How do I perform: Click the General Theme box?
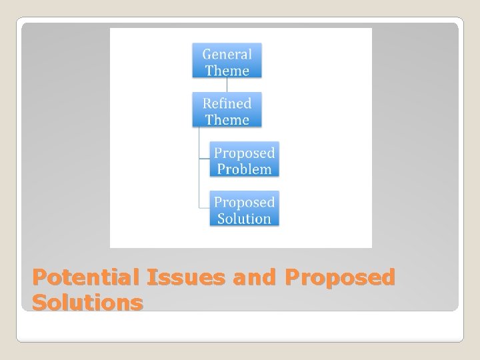[x=227, y=61]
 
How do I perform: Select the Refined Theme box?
[x=227, y=111]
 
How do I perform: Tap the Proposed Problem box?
[x=244, y=160]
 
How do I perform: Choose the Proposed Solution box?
[x=244, y=209]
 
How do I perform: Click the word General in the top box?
[x=227, y=54]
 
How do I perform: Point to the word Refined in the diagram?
[x=227, y=103]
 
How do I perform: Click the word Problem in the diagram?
[x=244, y=169]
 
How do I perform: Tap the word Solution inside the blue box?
[x=244, y=218]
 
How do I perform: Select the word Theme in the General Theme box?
[x=227, y=71]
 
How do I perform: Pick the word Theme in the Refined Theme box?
[x=227, y=120]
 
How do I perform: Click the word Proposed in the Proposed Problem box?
[x=244, y=153]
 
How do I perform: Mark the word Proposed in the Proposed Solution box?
[x=244, y=201]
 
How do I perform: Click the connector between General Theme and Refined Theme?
[x=227, y=85]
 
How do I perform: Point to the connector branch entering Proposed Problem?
[x=204, y=159]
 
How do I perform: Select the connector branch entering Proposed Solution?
[x=204, y=208]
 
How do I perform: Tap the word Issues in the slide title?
[x=185, y=277]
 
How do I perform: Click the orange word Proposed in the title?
[x=339, y=277]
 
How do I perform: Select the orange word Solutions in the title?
[x=87, y=303]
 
